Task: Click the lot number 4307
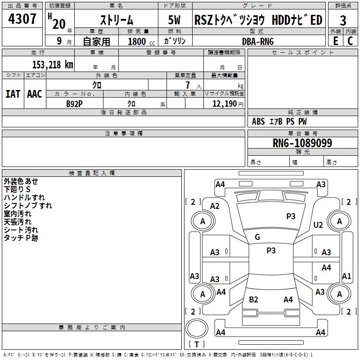(22, 19)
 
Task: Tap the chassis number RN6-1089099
(302, 143)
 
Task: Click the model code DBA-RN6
(258, 41)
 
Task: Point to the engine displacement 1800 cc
(140, 41)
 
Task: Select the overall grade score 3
(343, 20)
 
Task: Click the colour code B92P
(74, 103)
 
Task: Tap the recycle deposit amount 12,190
(224, 103)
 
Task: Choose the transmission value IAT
(13, 94)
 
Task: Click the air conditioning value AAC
(35, 94)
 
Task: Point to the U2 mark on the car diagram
(318, 225)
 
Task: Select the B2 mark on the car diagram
(253, 300)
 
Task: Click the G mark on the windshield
(257, 237)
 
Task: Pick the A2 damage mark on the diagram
(215, 206)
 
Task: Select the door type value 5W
(175, 20)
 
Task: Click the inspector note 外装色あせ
(21, 181)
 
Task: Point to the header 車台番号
(302, 134)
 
